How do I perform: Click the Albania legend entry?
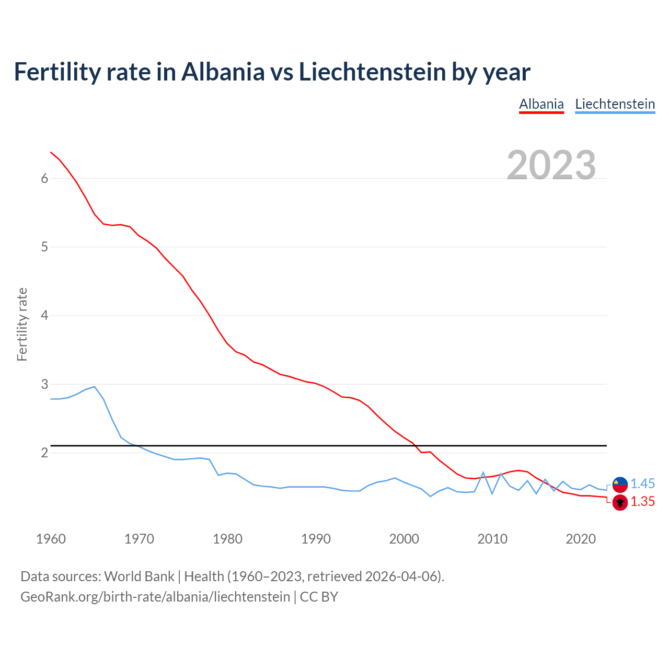(541, 104)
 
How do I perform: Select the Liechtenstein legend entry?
(615, 104)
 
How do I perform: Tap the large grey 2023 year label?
(551, 165)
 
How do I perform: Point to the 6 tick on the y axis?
(44, 178)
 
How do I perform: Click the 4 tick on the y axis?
(44, 315)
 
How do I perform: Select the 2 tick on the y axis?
(44, 453)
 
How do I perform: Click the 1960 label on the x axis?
(51, 539)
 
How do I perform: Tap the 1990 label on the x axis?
(316, 539)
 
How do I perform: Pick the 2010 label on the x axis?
(492, 539)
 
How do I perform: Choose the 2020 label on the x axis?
(581, 539)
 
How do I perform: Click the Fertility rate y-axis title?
(22, 324)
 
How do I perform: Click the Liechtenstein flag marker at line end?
(620, 485)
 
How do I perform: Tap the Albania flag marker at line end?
(620, 503)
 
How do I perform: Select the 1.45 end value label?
(642, 483)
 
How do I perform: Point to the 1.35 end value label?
(642, 502)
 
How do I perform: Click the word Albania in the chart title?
(223, 72)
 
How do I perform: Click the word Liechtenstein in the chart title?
(372, 72)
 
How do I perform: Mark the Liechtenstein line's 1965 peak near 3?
(95, 387)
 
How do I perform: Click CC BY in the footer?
(319, 597)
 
